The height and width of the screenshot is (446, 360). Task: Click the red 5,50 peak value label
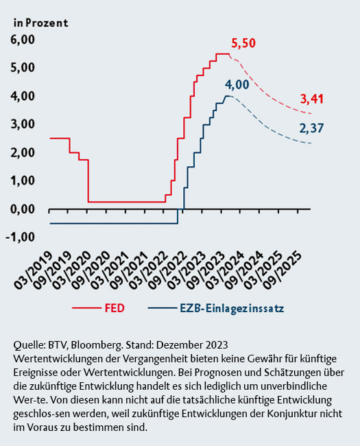coord(243,43)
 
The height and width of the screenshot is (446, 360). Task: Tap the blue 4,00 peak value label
coord(237,84)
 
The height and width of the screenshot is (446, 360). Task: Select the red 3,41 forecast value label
coord(312,99)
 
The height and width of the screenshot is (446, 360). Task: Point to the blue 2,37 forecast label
coord(311,128)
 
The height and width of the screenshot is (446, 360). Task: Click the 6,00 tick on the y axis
coord(23,40)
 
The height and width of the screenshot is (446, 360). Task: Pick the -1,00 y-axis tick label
coord(20,237)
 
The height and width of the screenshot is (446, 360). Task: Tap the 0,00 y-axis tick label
coord(23,209)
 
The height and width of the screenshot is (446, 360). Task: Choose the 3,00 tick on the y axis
coord(23,124)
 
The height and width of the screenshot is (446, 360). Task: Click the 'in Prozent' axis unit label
coord(41,23)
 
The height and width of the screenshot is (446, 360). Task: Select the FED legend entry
coord(115,308)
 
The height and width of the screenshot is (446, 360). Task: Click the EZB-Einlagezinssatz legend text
coord(232,309)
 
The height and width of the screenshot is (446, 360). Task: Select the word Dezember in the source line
coord(177,344)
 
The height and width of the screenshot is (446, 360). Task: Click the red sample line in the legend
coord(86,308)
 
